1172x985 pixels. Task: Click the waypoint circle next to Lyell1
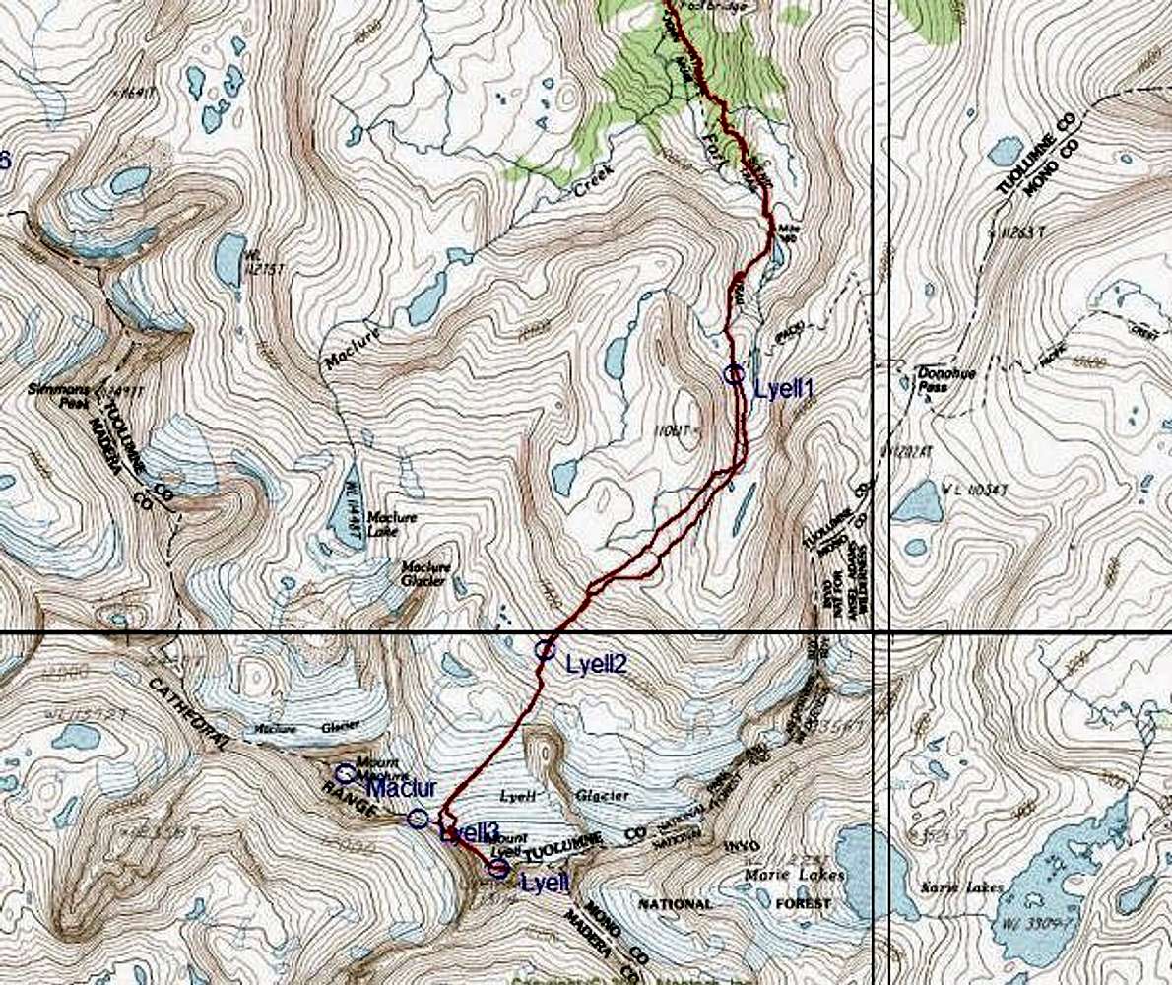pos(733,374)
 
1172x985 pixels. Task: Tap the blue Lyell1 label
pos(783,388)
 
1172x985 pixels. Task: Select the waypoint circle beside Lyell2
pos(545,649)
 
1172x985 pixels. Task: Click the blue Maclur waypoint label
pos(401,788)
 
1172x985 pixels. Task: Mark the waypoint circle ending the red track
pos(497,868)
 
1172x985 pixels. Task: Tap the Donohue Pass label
pos(930,380)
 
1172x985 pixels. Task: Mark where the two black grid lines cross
pos(889,631)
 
